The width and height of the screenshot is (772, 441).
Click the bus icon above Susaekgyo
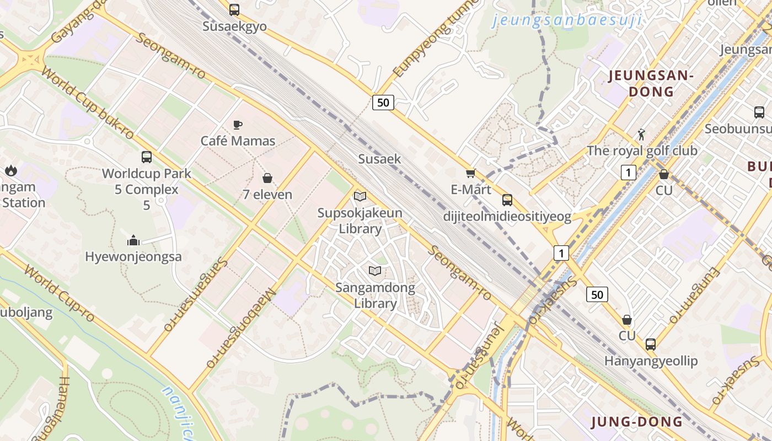tap(234, 9)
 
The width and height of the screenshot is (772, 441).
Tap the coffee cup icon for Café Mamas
tap(238, 125)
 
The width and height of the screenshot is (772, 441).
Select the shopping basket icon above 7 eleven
tap(267, 178)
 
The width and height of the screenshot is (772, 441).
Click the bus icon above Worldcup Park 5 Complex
tap(147, 157)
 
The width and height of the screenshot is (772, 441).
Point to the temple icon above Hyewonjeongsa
tap(133, 240)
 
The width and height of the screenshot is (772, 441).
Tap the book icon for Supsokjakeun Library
tap(360, 196)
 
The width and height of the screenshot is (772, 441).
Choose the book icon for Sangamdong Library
tap(375, 271)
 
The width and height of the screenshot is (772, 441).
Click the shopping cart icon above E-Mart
tap(470, 174)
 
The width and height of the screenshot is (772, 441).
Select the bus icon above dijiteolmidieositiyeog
tap(507, 200)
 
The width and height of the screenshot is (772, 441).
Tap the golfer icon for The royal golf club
tap(641, 135)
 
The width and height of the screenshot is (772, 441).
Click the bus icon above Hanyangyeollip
tap(651, 345)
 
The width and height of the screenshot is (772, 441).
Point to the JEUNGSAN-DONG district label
tap(651, 83)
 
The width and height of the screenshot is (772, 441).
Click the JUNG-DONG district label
tap(637, 422)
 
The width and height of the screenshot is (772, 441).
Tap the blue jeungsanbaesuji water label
tap(567, 20)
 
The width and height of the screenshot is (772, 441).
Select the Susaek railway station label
tap(379, 159)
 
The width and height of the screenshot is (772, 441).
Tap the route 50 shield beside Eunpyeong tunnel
tap(383, 102)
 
